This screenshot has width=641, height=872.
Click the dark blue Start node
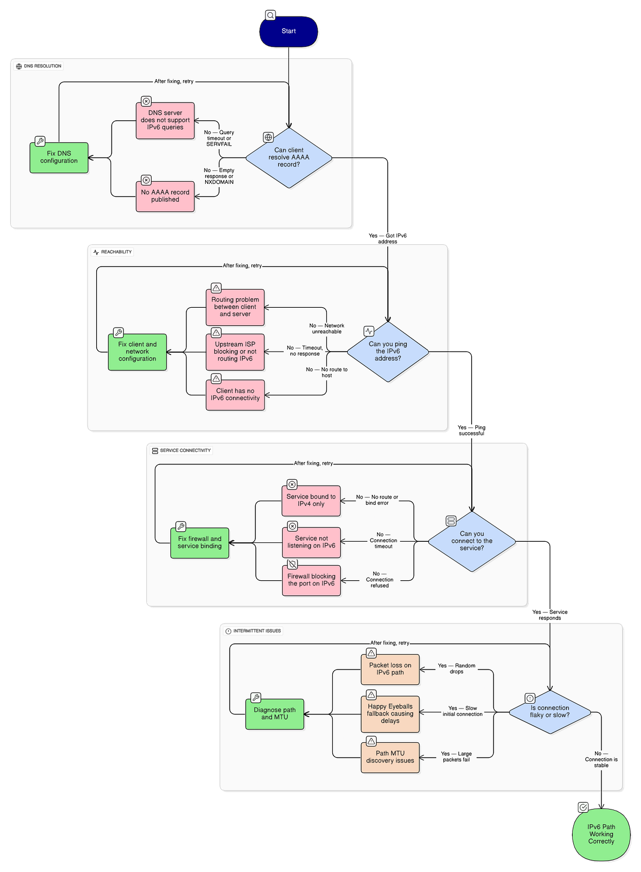(288, 32)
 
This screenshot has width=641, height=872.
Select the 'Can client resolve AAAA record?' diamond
(288, 158)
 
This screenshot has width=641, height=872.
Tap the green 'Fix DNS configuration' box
(59, 158)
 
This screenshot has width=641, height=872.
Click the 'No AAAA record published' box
(165, 196)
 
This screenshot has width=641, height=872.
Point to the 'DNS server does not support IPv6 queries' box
(165, 120)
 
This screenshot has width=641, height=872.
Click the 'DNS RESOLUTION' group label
(38, 66)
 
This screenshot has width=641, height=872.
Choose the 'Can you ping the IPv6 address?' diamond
(388, 352)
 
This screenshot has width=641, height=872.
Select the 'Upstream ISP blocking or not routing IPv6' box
(235, 352)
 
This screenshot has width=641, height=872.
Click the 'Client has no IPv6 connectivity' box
(235, 395)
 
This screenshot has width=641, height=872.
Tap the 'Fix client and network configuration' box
(137, 352)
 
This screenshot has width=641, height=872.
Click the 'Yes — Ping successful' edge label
(471, 430)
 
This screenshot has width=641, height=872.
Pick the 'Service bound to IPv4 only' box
(311, 501)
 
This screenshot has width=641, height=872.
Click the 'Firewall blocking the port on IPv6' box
(311, 580)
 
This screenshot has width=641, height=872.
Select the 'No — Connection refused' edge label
(379, 580)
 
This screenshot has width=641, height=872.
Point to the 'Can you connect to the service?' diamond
(472, 541)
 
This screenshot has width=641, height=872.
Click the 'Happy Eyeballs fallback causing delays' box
(390, 714)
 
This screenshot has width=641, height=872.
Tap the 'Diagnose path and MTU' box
(275, 714)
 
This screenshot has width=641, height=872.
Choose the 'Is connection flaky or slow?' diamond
(550, 712)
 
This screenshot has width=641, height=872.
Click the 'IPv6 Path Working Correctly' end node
(601, 834)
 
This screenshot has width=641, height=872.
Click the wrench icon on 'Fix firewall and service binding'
(181, 526)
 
